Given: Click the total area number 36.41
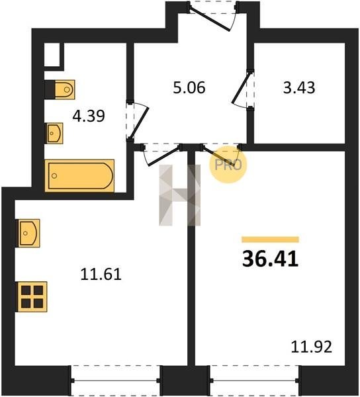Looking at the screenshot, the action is coord(271,259).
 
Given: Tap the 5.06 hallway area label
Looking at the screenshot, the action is coord(189,87).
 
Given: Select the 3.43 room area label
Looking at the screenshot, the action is coord(299,87).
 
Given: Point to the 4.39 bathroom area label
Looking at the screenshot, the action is coord(89,116).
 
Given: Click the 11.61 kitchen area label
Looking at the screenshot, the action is coord(101,274).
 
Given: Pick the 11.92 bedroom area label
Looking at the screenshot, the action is coord(311,347).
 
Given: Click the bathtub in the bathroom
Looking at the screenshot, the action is coord(79,176).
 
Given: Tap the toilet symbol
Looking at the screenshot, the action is coord(60,89).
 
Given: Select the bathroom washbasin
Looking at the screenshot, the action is coord(54,133).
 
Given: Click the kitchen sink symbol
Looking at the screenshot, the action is coord(28,233).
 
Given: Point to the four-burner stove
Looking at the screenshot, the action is coord(32,296).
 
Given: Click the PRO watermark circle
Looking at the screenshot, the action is coord(228,165).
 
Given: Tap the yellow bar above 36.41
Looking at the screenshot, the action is coord(271,240).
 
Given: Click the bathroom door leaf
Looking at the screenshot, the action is coord(139,122).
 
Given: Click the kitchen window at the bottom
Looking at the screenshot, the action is coord(115,380).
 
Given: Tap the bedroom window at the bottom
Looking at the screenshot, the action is coord(255,380).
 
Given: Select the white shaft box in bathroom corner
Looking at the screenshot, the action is coord(52,55).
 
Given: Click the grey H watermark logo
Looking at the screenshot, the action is coord(179,195).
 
